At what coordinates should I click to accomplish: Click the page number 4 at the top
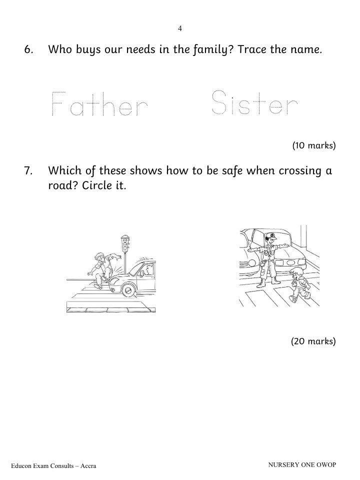coord(179,28)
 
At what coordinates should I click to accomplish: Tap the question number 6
coord(28,49)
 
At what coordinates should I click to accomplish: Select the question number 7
coord(28,171)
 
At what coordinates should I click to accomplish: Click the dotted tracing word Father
coord(99,103)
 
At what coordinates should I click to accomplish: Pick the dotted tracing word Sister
coord(254,102)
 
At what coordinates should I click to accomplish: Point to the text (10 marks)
coord(314,145)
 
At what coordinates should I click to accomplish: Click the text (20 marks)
coord(313,341)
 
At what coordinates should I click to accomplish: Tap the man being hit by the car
coord(102,269)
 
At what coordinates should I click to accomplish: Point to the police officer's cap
coord(271,235)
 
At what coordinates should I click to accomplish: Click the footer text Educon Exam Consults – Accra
coord(53,466)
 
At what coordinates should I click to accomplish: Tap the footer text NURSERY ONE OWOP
coord(302,464)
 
